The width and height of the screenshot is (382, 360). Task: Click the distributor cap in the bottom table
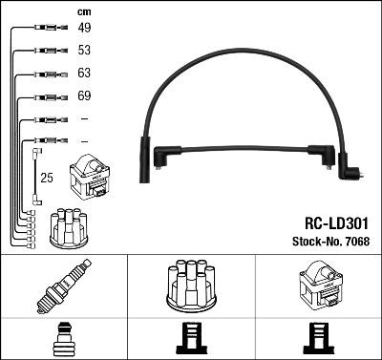191,287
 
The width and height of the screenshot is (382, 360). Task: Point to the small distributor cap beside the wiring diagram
70,225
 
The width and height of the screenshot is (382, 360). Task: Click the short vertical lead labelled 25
36,177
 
